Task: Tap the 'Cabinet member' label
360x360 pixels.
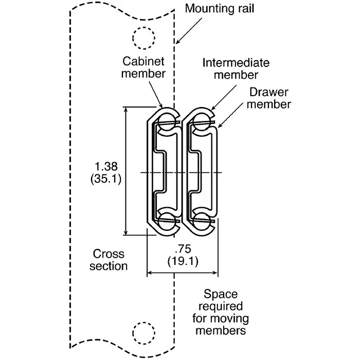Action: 143,67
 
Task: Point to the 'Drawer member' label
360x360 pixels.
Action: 269,98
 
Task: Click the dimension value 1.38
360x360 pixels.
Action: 107,166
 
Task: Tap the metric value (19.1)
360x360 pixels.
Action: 183,260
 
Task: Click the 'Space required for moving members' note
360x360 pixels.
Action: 220,312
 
